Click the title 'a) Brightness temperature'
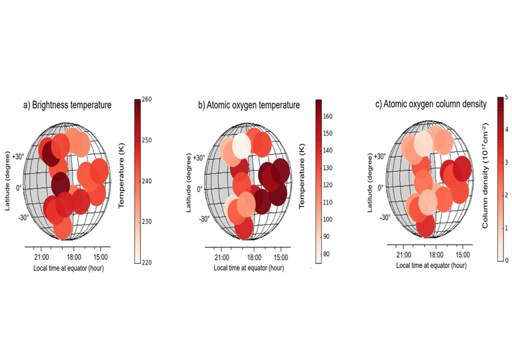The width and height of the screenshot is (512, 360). [67, 105]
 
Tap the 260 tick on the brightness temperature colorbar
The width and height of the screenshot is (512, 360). [147, 99]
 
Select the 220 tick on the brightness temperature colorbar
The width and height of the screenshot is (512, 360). [147, 263]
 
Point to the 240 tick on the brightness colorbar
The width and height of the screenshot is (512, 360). [147, 181]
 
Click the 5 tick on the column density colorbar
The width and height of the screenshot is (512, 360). [506, 97]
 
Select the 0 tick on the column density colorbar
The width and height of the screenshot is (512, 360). [506, 260]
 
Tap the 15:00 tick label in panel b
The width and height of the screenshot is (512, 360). [281, 257]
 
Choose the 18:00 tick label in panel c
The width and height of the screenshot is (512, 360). [435, 255]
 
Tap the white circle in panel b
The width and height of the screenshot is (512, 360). [241, 145]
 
